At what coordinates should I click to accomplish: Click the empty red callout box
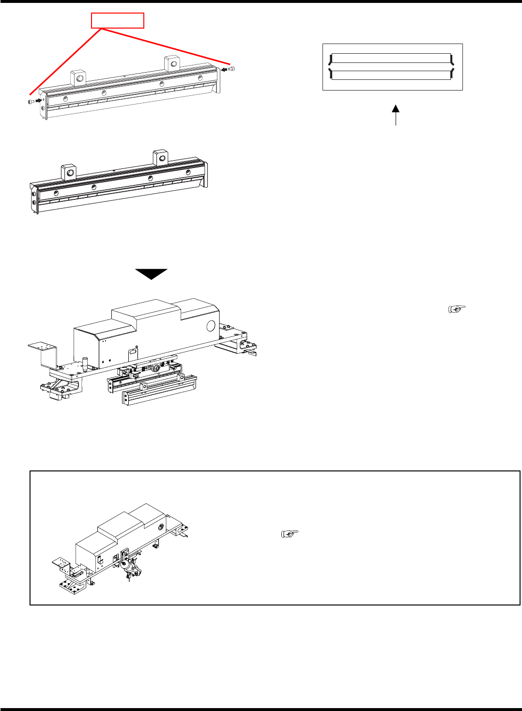click(x=118, y=20)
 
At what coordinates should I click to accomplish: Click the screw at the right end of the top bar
click(x=233, y=68)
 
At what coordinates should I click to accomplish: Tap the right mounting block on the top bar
click(x=172, y=63)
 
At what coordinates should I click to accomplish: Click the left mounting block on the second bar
click(x=69, y=172)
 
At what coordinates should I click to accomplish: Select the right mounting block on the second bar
click(x=161, y=157)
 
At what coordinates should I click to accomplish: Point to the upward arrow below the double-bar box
click(x=396, y=114)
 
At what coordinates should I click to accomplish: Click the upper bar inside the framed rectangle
click(x=391, y=59)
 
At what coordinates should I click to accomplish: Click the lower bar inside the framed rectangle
click(x=391, y=75)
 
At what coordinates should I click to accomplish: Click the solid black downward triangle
click(x=151, y=273)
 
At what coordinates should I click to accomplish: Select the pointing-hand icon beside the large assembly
click(x=457, y=308)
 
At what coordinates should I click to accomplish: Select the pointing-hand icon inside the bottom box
click(x=290, y=534)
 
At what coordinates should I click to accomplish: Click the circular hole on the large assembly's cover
click(x=211, y=326)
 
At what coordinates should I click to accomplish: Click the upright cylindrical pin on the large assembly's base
click(x=84, y=362)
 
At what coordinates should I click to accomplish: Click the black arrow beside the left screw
click(x=39, y=101)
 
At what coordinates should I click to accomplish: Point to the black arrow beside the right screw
click(x=224, y=70)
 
